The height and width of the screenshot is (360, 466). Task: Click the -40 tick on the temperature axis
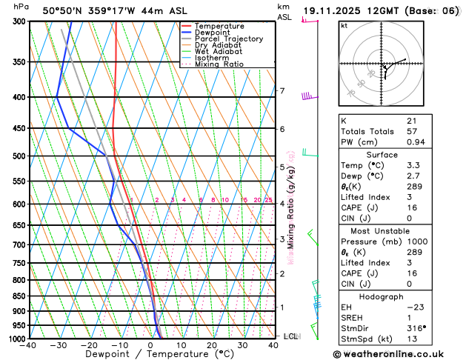28,345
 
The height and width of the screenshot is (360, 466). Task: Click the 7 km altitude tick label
282,91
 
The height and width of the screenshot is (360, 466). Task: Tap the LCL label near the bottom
290,336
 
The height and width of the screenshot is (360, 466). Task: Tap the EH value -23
415,307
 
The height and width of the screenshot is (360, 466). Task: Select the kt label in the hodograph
344,25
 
